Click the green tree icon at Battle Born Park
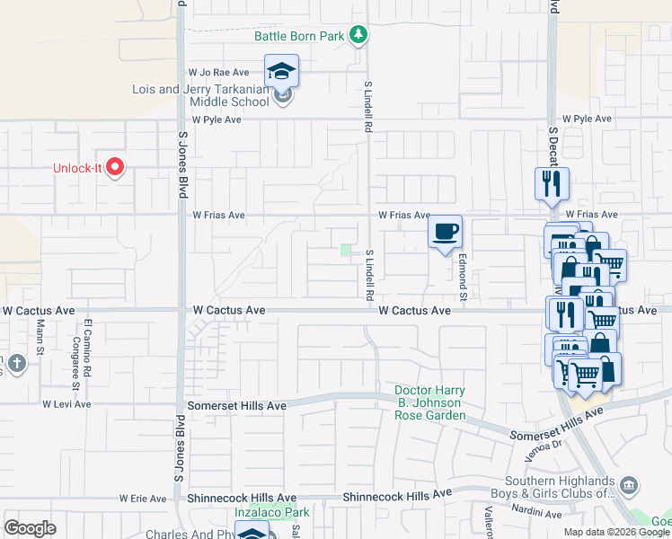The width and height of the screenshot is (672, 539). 359,35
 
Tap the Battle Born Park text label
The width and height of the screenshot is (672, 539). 299,36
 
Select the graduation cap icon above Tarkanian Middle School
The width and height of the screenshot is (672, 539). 281,71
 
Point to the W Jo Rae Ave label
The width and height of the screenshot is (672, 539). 217,72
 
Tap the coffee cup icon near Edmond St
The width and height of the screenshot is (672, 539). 445,232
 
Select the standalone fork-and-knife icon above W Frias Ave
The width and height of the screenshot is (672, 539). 551,183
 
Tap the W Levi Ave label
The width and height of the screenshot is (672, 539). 66,404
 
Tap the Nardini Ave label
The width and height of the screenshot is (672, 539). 538,514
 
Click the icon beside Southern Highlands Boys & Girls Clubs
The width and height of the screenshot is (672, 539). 630,486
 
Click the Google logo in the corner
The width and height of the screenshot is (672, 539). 30,528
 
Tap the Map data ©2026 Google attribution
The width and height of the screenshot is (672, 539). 617,532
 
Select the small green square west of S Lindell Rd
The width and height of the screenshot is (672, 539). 346,251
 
